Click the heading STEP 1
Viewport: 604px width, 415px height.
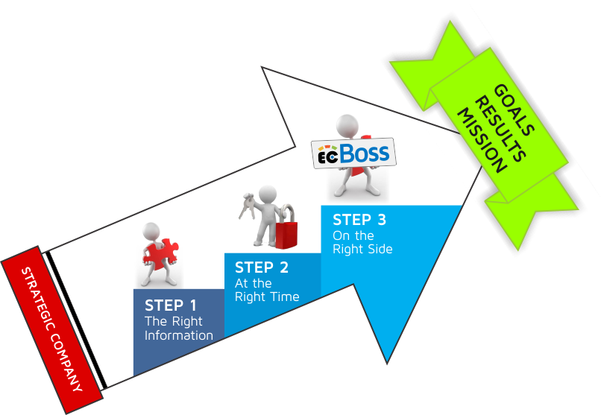[x=171, y=305]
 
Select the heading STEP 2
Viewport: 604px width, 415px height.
[x=261, y=267]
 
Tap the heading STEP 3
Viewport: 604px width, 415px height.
[x=359, y=220]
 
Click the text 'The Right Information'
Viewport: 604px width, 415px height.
[x=178, y=329]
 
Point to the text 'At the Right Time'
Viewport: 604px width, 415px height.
[x=266, y=290]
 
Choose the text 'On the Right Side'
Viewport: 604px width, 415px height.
[x=362, y=242]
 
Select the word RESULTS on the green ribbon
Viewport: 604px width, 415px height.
[x=500, y=127]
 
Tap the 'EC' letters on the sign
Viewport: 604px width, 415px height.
[x=327, y=157]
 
